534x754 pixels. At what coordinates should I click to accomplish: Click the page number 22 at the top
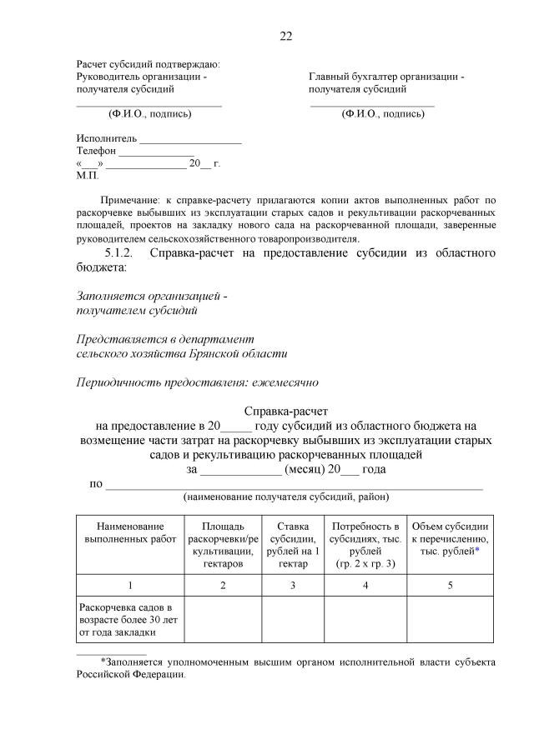click(x=285, y=36)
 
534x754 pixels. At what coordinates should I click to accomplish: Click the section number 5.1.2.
click(x=122, y=253)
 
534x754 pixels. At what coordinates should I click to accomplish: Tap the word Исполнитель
click(x=107, y=138)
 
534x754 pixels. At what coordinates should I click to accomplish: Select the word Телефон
click(x=96, y=151)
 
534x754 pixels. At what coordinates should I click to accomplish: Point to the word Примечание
click(x=131, y=202)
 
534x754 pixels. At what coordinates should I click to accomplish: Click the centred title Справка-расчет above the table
click(x=287, y=411)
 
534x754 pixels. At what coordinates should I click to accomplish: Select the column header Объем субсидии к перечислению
click(x=450, y=539)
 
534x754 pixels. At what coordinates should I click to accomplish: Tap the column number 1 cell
click(x=130, y=585)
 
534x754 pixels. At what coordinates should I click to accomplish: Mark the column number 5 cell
click(x=450, y=585)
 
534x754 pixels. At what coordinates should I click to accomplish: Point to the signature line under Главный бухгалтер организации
click(x=372, y=105)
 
